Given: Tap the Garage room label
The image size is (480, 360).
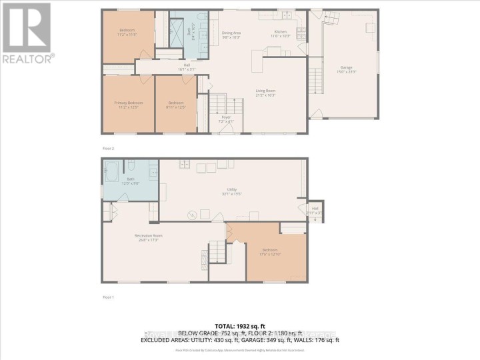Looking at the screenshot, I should coord(345,69).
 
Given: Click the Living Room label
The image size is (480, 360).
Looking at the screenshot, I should coord(266,93).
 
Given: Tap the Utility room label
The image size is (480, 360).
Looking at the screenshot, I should coord(233,191).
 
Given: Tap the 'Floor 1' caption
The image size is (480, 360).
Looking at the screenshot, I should coord(108,297).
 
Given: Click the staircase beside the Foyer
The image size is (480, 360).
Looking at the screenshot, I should coord(219,103).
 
